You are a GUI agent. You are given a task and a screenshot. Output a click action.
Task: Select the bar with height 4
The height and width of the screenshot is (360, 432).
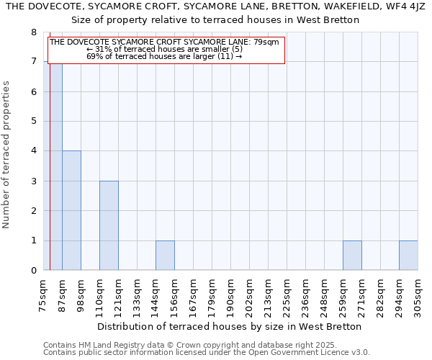point(71,210)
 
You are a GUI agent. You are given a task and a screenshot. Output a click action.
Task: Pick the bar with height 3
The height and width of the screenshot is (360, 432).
point(109,225)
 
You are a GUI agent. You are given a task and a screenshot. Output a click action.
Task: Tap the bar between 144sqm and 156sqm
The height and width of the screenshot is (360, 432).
point(165,256)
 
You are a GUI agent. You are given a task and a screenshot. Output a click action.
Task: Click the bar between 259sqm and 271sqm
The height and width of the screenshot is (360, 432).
point(352,256)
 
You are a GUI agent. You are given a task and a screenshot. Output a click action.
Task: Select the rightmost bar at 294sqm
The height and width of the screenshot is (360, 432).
point(408,256)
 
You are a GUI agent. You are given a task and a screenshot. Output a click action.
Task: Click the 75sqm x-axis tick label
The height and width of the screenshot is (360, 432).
point(44,294)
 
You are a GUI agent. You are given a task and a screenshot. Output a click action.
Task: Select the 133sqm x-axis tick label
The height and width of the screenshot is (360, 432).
point(138,295)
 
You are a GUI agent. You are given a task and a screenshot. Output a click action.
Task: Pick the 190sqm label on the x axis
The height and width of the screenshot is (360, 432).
point(231,295)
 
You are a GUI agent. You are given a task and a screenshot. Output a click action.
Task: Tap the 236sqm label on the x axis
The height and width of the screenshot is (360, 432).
point(306,295)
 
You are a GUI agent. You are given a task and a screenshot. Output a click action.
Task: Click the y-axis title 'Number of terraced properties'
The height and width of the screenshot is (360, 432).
point(6,155)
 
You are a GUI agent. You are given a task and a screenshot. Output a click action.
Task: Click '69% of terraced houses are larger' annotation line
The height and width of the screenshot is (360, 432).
point(164,55)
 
